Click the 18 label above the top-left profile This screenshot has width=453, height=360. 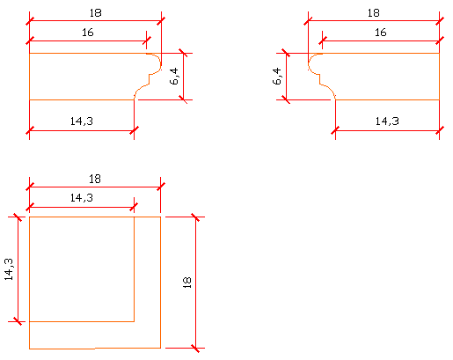[95, 13]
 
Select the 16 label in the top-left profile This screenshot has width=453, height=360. [88, 33]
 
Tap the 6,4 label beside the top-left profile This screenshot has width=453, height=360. [174, 77]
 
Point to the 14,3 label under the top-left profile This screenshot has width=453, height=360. [82, 121]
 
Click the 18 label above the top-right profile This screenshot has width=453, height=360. [373, 13]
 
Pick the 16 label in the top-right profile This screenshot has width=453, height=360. [381, 33]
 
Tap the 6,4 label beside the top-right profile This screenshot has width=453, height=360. [277, 77]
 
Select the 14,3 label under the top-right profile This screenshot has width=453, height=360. [387, 121]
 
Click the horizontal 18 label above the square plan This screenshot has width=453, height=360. [95, 179]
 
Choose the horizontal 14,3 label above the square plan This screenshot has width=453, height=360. [82, 198]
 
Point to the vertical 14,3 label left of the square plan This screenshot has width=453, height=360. [9, 269]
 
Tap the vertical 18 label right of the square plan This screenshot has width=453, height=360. [186, 283]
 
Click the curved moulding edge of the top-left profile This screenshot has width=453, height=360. [150, 75]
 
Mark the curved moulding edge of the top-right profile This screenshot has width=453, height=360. [319, 75]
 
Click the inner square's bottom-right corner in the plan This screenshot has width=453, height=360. [135, 321]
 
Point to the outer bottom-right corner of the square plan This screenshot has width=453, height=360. [161, 349]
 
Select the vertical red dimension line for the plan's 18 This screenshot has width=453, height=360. [195, 283]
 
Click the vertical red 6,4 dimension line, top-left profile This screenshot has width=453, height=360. [183, 77]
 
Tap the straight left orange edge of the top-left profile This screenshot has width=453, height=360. [29, 77]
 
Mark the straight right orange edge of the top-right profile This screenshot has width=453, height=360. [439, 77]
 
